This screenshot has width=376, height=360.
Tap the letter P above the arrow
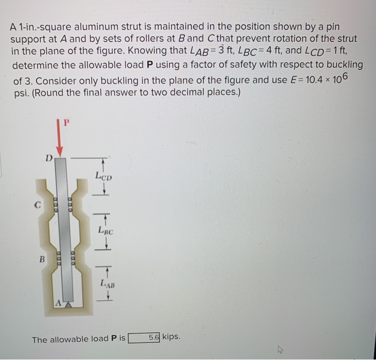[67, 122]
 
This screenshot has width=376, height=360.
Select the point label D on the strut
[48, 159]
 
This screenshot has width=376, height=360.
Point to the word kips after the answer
[171, 337]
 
